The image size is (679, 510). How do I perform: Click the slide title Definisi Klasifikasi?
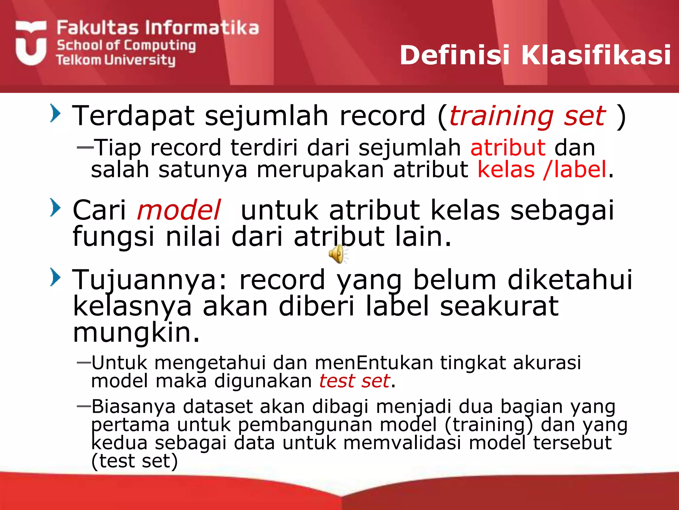pos(535,55)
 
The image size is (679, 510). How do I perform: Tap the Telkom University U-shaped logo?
pos(31,43)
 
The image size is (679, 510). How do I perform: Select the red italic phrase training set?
pos(527,116)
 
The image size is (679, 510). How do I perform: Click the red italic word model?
pos(179,210)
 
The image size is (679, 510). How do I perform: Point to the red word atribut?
pos(508,148)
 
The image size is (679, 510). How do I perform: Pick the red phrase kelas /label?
pos(542,170)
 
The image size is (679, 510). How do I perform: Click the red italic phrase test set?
pos(354,381)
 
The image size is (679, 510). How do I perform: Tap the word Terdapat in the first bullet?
pos(133,116)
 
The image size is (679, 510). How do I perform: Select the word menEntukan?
pos(374,363)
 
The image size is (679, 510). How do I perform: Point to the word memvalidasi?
pos(402,443)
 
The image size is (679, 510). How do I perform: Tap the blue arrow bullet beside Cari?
pos(55,208)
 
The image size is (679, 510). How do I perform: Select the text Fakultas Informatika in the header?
pos(157,28)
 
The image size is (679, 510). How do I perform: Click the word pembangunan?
pos(305,425)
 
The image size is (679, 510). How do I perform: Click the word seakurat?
pos(499,306)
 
